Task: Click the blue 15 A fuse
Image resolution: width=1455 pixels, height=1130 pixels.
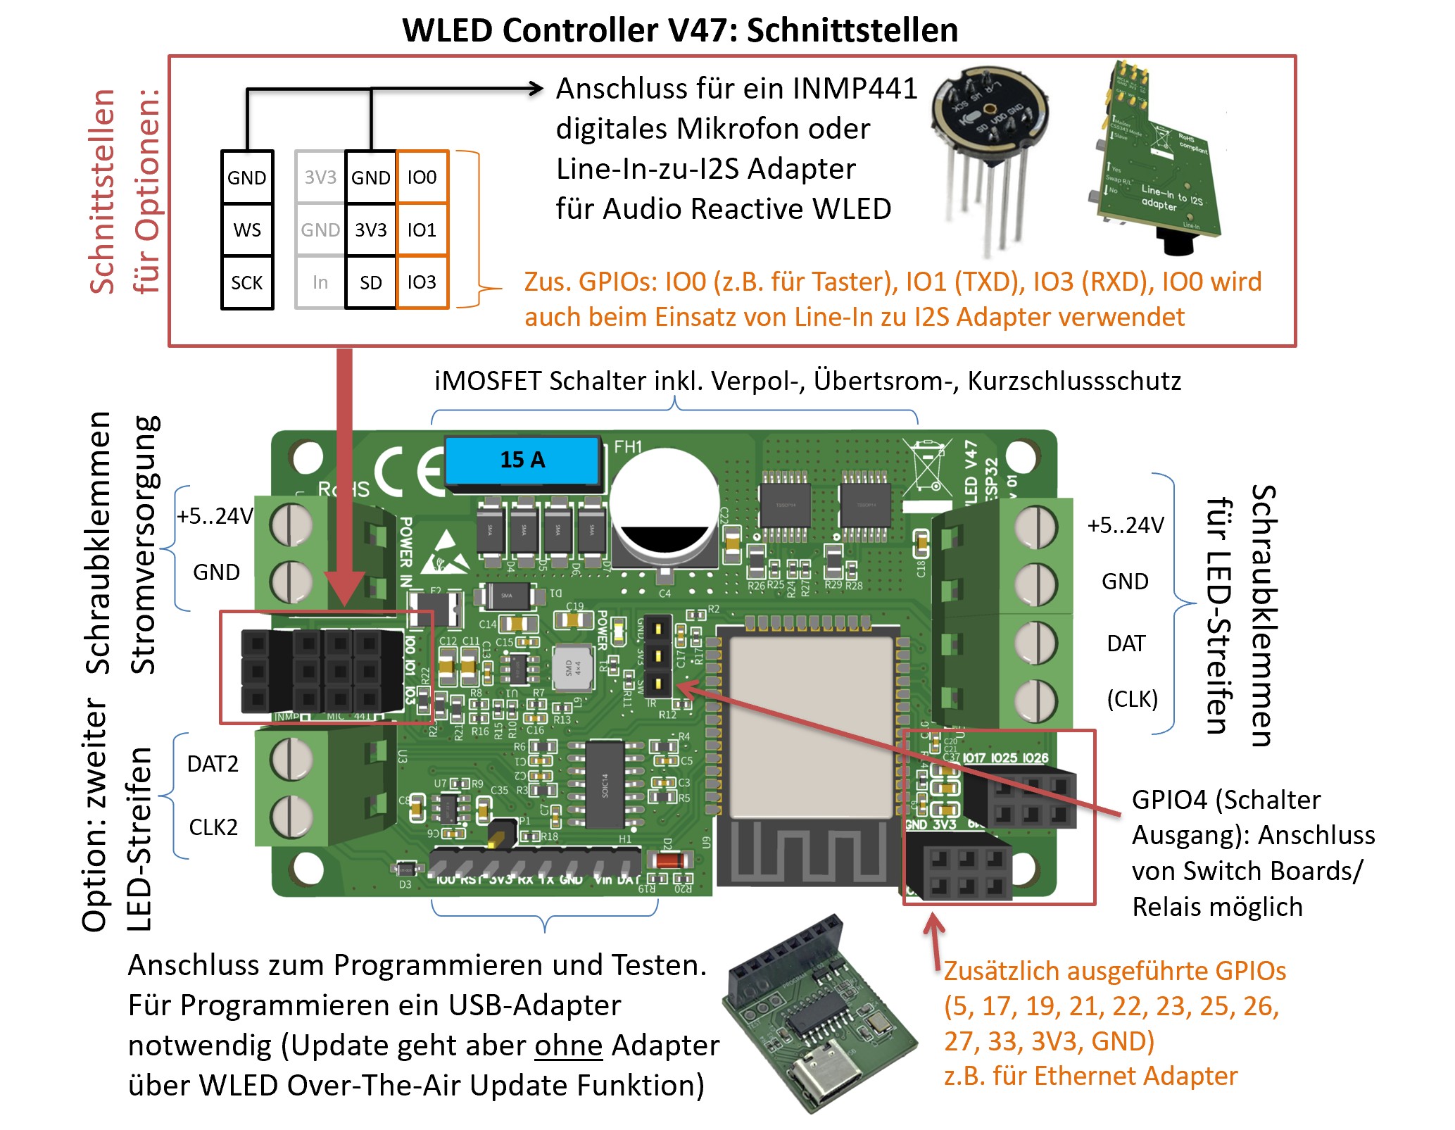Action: (x=522, y=460)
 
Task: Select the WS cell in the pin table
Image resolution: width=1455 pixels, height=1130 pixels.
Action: (x=247, y=230)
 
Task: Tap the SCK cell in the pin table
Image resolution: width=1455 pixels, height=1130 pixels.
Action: (x=247, y=283)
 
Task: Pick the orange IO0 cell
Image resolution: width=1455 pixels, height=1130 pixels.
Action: (x=422, y=177)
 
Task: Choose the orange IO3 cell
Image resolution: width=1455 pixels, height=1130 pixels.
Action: (x=422, y=282)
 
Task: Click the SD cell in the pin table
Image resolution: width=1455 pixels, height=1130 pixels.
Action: (x=371, y=283)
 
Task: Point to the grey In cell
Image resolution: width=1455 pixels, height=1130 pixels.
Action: (x=320, y=283)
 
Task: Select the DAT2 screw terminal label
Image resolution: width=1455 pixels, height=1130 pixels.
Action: (x=213, y=764)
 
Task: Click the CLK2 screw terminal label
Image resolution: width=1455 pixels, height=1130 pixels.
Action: (x=213, y=827)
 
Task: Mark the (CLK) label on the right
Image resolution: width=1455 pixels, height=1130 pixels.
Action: (x=1132, y=699)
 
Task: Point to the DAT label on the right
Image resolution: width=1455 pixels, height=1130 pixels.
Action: (x=1126, y=644)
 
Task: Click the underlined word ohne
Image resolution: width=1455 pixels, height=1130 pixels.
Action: (x=568, y=1046)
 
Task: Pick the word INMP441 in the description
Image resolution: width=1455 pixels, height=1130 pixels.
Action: (x=855, y=89)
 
